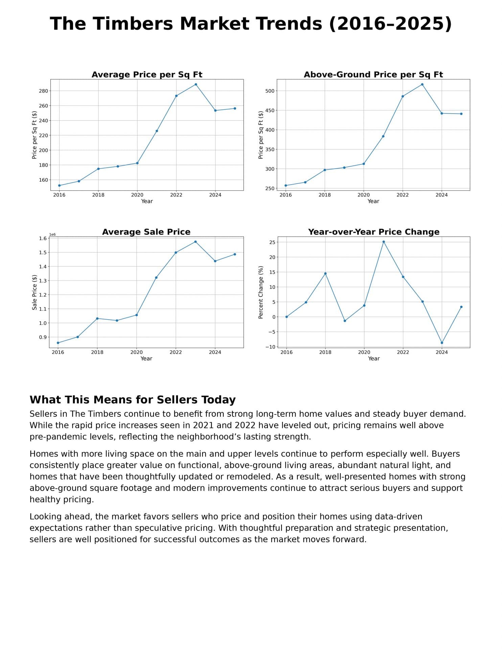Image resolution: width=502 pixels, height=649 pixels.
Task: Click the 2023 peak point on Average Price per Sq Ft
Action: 196,85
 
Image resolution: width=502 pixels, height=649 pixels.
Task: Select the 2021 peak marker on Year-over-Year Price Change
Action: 384,242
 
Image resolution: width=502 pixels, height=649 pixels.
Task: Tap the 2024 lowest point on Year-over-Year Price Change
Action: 442,343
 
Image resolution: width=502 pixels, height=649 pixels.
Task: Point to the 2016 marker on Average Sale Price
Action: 58,343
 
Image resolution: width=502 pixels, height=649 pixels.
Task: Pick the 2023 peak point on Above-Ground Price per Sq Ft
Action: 422,85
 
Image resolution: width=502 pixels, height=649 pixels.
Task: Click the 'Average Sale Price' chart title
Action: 146,232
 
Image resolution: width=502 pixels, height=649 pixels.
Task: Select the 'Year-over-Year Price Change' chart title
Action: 373,232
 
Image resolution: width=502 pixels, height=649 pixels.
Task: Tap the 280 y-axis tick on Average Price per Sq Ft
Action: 44,91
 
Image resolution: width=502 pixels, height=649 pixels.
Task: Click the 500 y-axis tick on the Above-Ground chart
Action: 270,91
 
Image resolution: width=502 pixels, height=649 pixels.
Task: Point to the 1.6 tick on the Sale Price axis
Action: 43,238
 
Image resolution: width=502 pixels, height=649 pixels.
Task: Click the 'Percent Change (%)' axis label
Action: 261,292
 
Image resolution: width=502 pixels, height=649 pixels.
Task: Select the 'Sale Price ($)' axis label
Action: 35,292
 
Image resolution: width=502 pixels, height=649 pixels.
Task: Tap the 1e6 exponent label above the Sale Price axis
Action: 52,235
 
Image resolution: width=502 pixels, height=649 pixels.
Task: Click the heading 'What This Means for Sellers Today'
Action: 133,400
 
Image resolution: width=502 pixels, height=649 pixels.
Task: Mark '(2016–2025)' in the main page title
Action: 390,24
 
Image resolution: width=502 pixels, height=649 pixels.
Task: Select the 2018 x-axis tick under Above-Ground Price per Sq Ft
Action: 325,195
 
